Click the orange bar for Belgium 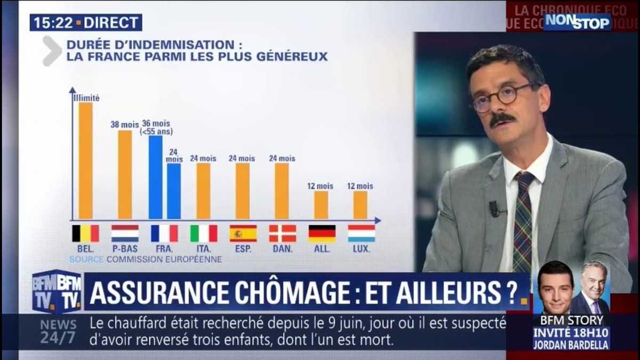click(85, 161)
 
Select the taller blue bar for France click(155, 177)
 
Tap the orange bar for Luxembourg click(361, 205)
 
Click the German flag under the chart click(322, 234)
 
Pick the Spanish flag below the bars click(243, 234)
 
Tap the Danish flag click(283, 234)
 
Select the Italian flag click(204, 234)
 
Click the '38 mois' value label click(124, 125)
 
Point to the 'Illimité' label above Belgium click(86, 98)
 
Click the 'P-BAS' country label click(125, 249)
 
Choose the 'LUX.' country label click(361, 249)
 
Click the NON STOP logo click(577, 22)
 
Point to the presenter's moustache click(502, 118)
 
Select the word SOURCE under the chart click(86, 260)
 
